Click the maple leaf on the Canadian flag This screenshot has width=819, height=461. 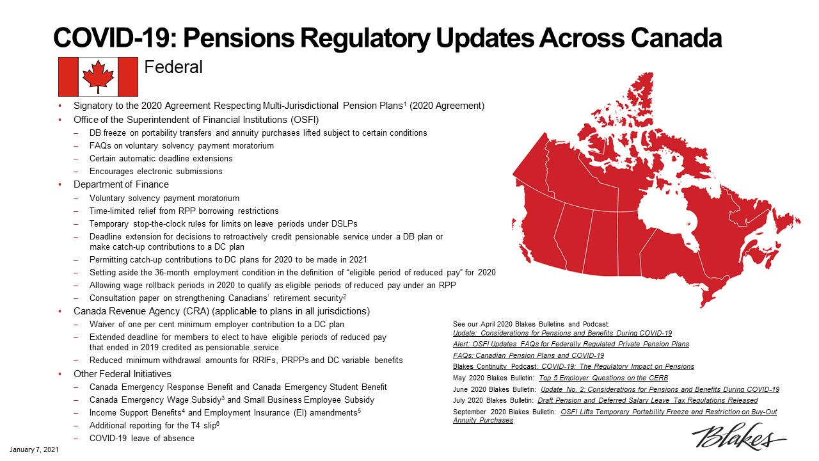point(98,76)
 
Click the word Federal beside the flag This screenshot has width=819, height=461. point(173,67)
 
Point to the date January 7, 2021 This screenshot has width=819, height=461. point(34,449)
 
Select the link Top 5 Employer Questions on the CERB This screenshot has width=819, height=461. point(603,378)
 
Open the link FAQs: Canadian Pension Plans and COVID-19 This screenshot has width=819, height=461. point(529,355)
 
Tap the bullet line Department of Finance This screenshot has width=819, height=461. point(121,184)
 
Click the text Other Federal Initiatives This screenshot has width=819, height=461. point(122,374)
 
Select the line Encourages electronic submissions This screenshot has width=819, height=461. point(155,171)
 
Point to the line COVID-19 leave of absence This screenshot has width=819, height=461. point(142,439)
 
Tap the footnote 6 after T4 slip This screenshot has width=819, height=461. point(218,423)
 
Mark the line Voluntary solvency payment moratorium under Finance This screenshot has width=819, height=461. point(164,198)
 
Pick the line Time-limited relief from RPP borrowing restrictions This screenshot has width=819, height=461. point(184,211)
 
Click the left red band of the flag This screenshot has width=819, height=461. point(68,77)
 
